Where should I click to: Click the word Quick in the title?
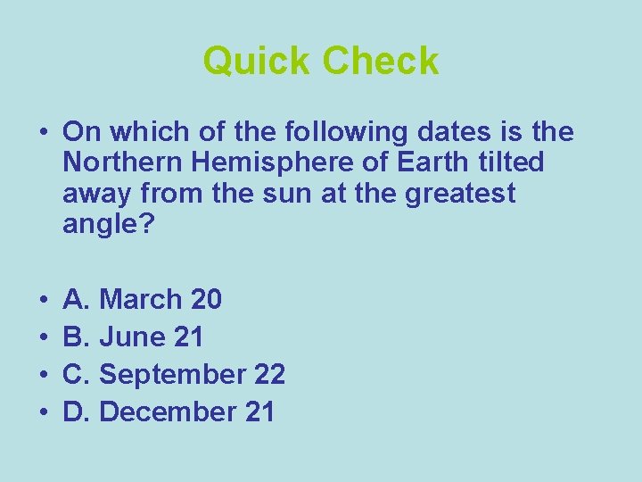[257, 62]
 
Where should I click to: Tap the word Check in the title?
[381, 62]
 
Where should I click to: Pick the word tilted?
[512, 163]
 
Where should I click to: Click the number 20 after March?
[207, 299]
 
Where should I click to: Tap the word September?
[171, 375]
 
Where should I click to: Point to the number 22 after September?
[269, 374]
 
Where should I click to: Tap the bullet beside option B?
[42, 337]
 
